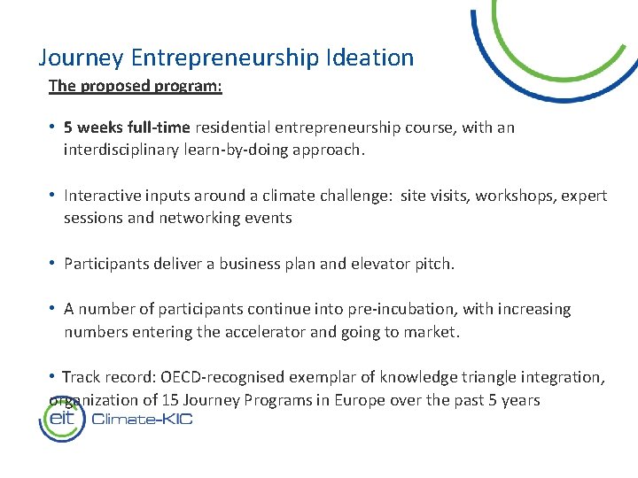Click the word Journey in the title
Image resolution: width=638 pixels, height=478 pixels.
coord(81,58)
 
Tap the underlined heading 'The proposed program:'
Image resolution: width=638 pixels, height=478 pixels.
coord(136,86)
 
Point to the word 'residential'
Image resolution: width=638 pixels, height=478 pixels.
coord(230,127)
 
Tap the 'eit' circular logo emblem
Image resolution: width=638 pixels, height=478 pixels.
coord(61,419)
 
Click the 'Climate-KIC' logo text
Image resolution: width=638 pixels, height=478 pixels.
coord(142,420)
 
